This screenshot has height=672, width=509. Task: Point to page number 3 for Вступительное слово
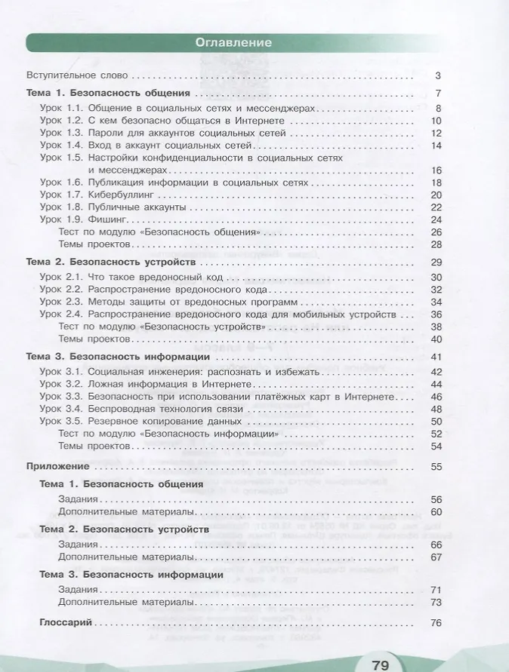click(x=437, y=75)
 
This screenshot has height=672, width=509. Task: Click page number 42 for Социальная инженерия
click(x=435, y=371)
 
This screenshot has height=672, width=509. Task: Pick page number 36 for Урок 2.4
click(x=435, y=314)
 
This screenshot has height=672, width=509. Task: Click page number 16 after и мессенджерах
click(x=435, y=170)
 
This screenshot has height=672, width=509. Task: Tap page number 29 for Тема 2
click(x=435, y=262)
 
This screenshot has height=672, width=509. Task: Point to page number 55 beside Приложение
click(x=435, y=467)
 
